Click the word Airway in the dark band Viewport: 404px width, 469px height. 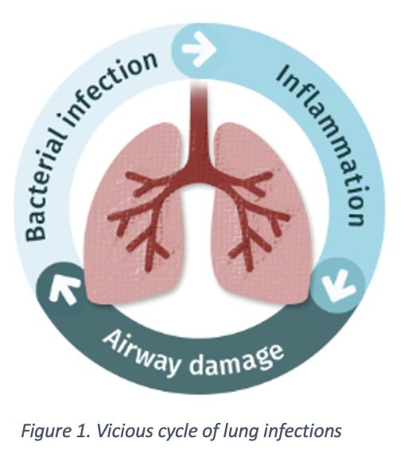coord(142,352)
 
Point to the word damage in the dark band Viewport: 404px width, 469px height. coord(236,360)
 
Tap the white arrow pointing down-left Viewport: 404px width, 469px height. coord(339,285)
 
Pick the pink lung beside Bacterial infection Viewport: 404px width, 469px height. coord(134,215)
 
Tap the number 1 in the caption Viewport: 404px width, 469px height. coord(80,431)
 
